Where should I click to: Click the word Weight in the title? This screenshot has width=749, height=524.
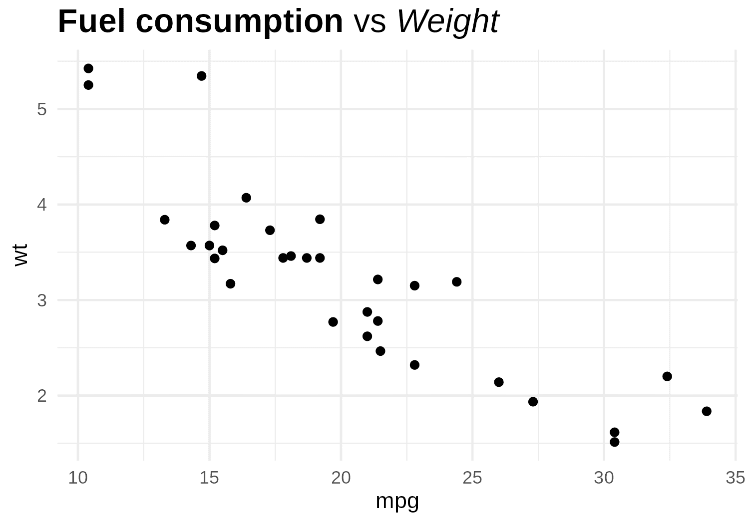[448, 22]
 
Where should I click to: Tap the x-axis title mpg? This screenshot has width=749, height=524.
[397, 501]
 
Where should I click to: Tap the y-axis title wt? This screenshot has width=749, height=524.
[21, 255]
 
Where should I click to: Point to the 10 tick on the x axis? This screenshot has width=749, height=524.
[78, 478]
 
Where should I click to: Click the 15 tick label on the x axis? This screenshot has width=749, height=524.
[209, 478]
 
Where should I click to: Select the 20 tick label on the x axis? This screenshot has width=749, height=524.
[341, 478]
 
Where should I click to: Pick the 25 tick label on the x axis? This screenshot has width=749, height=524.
[472, 478]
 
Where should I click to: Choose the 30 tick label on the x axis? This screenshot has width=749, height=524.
[604, 478]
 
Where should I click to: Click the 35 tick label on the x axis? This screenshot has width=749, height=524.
[736, 478]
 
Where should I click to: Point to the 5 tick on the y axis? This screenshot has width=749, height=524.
[42, 109]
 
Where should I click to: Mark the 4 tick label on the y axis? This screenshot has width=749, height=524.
[42, 205]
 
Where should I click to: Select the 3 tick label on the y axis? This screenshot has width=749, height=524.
[42, 300]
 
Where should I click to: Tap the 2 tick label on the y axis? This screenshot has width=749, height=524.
[42, 396]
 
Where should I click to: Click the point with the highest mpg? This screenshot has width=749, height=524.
[707, 411]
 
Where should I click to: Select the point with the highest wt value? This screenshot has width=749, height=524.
[88, 68]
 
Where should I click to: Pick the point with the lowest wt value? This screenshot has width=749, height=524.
[615, 442]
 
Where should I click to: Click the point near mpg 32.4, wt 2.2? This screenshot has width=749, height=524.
[667, 376]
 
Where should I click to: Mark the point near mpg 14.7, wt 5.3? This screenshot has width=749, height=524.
[202, 76]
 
